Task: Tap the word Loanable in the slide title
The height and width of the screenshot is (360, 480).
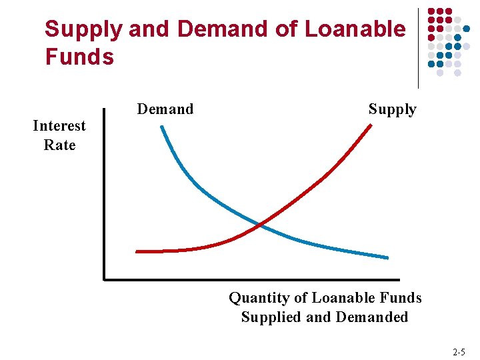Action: click(354, 29)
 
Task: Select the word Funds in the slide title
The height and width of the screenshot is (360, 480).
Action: click(79, 57)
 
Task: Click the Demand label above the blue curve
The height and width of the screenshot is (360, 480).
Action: click(165, 109)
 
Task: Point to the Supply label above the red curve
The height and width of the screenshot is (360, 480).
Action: click(392, 109)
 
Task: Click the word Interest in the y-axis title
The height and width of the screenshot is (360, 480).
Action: click(59, 126)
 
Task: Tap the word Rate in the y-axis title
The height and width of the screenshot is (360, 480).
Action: click(59, 145)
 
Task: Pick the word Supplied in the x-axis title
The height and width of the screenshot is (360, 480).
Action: click(271, 317)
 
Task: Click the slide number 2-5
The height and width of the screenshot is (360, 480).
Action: click(459, 351)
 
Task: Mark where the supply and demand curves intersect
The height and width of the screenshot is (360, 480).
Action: click(260, 225)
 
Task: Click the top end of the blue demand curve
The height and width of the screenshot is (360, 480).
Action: click(161, 127)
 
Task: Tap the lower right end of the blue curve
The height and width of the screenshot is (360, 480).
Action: click(387, 257)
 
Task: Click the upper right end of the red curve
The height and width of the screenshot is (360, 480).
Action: click(371, 125)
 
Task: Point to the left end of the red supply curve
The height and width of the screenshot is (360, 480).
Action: click(137, 251)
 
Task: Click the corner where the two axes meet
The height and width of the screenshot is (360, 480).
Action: click(105, 279)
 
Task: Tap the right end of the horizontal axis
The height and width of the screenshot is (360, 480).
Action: click(399, 279)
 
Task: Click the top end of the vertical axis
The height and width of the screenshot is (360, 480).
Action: click(105, 109)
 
